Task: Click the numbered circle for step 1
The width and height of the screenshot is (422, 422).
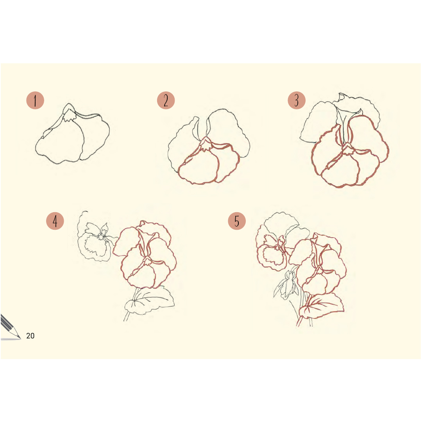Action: tap(35, 100)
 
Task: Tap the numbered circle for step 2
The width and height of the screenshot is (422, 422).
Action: tap(166, 100)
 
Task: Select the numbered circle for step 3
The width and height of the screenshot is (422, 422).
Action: tap(297, 100)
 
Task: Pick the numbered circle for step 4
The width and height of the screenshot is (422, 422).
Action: tap(55, 221)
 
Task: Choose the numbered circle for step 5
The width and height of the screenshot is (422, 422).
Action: tap(237, 221)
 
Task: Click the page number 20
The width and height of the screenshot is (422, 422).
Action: tap(30, 336)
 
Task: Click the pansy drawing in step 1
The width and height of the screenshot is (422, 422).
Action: tap(72, 134)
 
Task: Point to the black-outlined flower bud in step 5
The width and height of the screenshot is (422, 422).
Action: tap(287, 284)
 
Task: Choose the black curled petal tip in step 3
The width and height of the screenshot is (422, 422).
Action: tap(342, 97)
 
